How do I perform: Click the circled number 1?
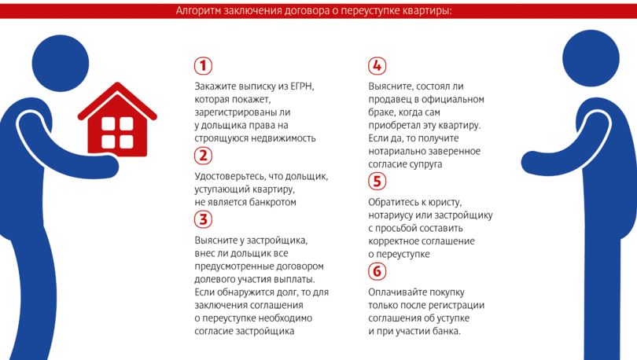point(203,65)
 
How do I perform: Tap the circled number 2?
point(203,155)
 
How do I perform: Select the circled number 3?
point(203,219)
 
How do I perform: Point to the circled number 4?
point(377,65)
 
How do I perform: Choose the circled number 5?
point(377,182)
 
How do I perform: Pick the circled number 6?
point(377,271)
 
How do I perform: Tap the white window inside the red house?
point(117,134)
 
